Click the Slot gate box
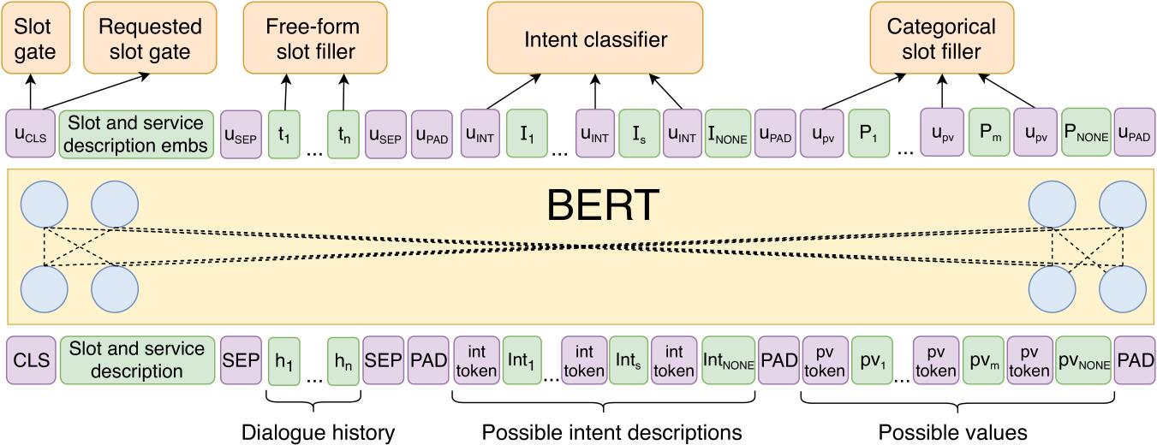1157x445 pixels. tap(36, 39)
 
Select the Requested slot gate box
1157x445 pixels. tap(150, 39)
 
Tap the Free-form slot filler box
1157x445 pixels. tap(315, 39)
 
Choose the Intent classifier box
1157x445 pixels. tap(595, 39)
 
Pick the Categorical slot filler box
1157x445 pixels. tap(941, 39)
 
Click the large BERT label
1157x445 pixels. tap(603, 205)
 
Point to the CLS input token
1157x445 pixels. tap(31, 360)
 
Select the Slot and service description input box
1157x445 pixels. tap(137, 360)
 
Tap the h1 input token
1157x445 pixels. tap(283, 360)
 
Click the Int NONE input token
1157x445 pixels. tap(728, 360)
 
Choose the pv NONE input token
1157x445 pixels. tap(1083, 360)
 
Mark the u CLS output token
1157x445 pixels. tap(31, 133)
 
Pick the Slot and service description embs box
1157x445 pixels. tap(136, 133)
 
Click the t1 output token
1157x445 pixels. tap(283, 134)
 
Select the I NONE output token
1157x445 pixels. tap(727, 133)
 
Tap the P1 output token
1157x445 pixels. tap(868, 133)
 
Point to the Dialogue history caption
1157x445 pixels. tap(319, 432)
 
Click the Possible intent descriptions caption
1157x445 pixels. tap(611, 431)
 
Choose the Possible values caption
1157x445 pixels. tap(952, 431)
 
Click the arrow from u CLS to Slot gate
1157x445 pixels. tap(31, 92)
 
